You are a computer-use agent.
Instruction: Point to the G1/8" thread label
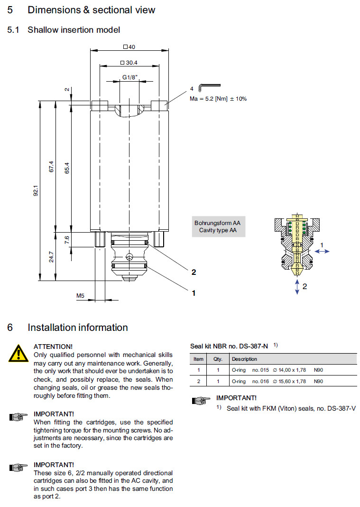129,77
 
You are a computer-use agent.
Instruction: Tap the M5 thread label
80,296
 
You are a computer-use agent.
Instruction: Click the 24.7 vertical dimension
51,257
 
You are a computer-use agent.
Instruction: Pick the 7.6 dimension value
66,240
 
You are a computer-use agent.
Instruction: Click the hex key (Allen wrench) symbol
209,87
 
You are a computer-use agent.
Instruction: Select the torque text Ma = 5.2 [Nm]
218,99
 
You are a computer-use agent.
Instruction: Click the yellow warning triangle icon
18,353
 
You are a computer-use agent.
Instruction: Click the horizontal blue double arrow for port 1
323,252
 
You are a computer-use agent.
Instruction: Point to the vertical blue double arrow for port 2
297,286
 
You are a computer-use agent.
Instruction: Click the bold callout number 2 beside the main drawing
194,272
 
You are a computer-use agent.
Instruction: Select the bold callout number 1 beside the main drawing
194,293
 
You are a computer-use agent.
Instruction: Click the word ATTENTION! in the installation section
53,347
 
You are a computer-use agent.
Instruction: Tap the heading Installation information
77,328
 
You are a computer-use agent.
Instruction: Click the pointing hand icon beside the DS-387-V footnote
201,401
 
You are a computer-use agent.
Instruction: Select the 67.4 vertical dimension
51,167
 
